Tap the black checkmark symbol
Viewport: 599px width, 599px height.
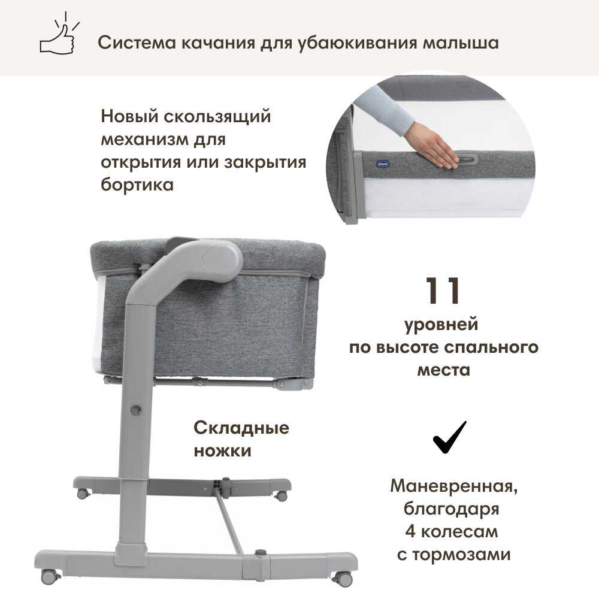pyautogui.click(x=450, y=437)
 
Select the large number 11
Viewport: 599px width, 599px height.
pyautogui.click(x=443, y=291)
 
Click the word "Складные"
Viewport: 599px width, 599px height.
pyautogui.click(x=241, y=428)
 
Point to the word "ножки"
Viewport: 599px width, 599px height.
pyautogui.click(x=223, y=451)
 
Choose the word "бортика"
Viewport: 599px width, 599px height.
pyautogui.click(x=137, y=185)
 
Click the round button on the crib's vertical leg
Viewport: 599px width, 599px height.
pyautogui.click(x=135, y=410)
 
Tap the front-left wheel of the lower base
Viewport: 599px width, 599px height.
pyautogui.click(x=50, y=576)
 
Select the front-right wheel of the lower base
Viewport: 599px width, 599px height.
pyautogui.click(x=343, y=577)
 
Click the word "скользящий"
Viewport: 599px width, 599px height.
pyautogui.click(x=217, y=117)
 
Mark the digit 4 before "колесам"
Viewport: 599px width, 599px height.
pyautogui.click(x=410, y=532)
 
